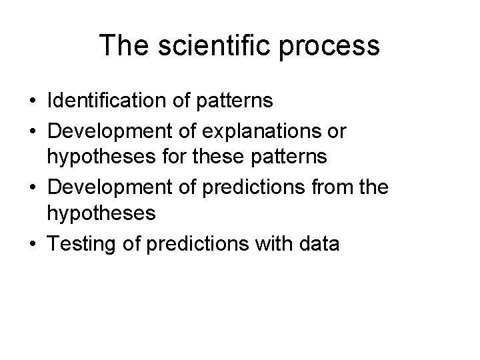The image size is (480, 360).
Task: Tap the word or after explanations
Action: tap(335, 131)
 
